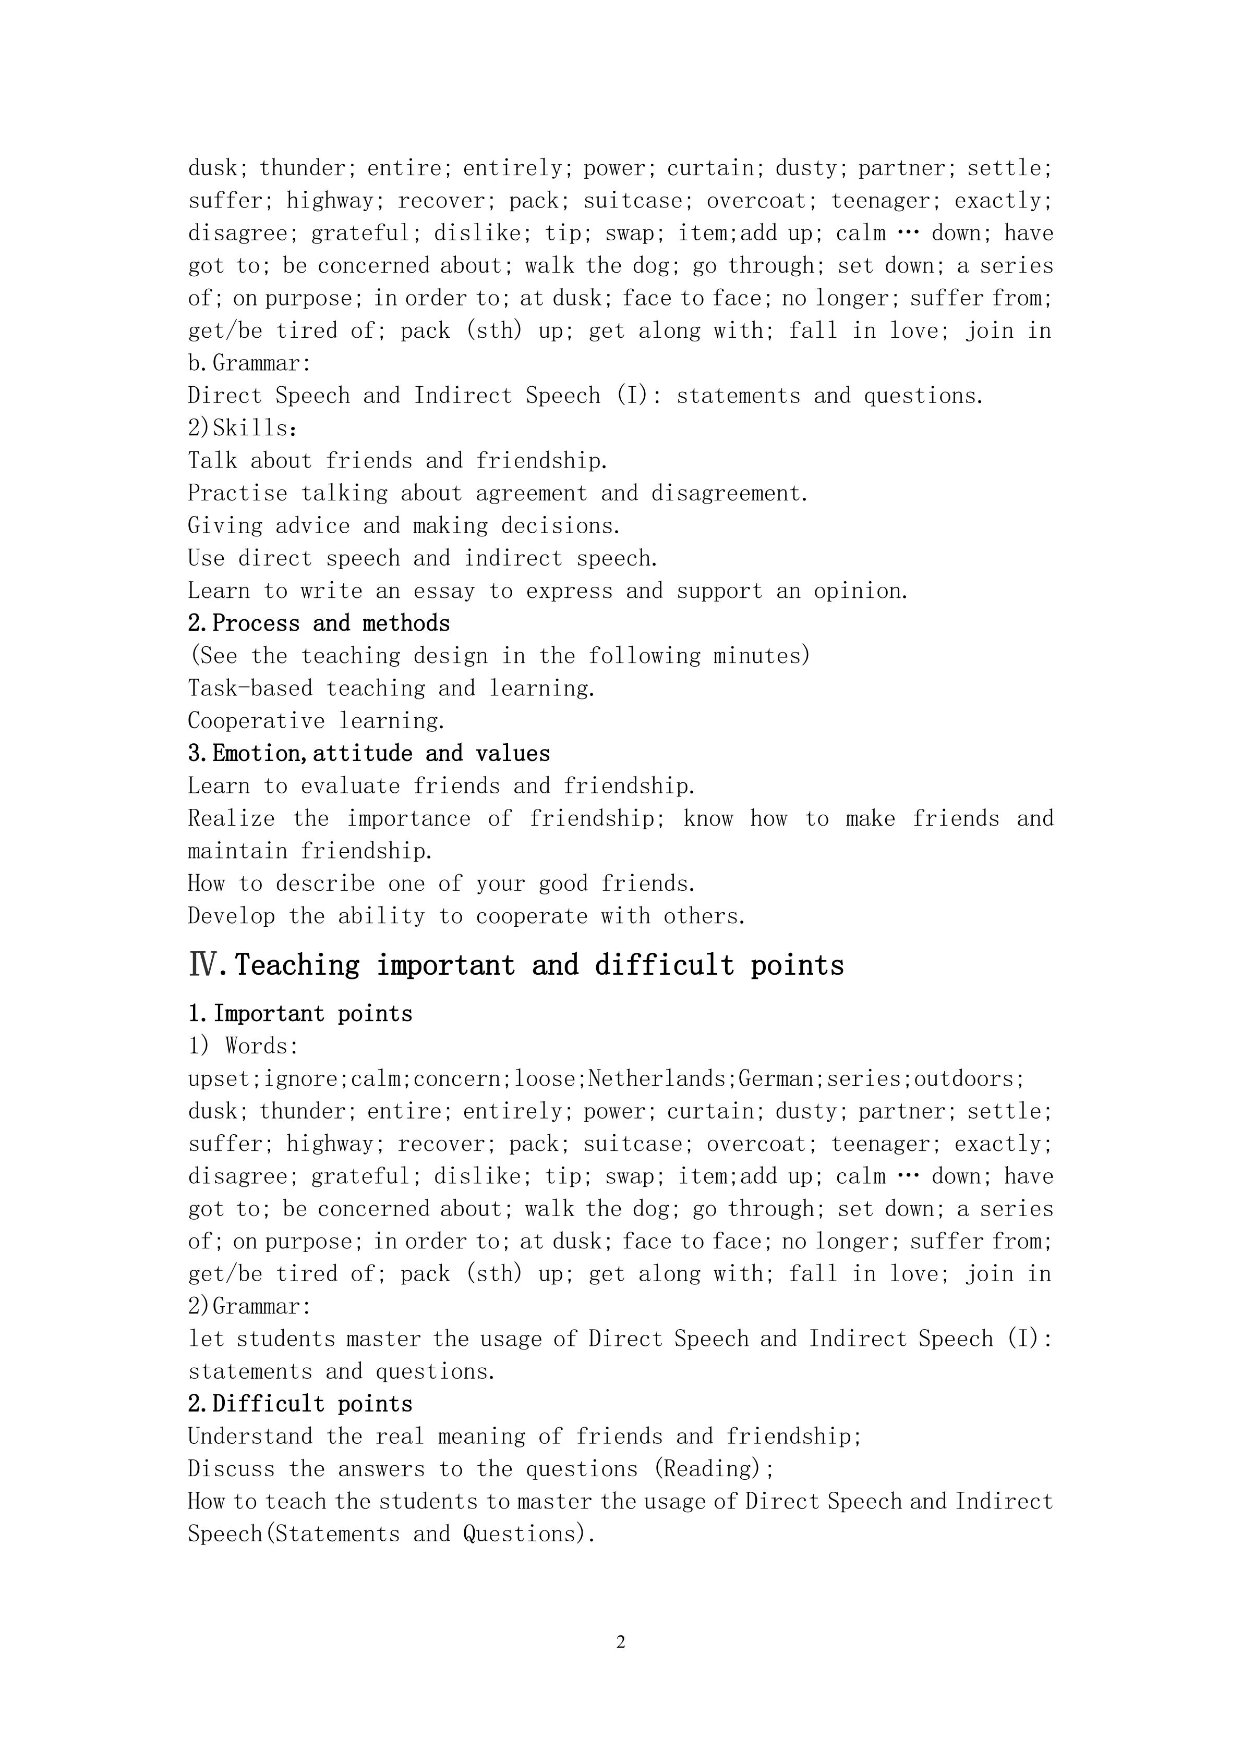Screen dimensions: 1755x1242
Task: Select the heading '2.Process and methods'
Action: [x=319, y=624]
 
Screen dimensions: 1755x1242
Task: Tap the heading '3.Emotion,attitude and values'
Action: [x=369, y=754]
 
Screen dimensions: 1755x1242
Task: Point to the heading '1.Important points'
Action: [x=300, y=1014]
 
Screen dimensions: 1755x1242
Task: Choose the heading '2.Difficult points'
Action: [x=300, y=1404]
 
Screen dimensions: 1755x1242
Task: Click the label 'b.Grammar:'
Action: [x=249, y=363]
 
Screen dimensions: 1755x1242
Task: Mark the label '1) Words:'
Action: [x=243, y=1047]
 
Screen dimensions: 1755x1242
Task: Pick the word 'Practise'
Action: [x=237, y=494]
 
